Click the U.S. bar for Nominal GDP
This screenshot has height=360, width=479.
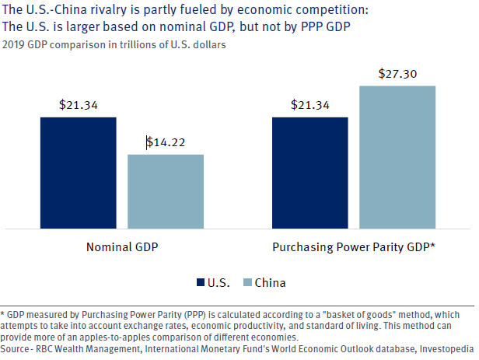(79, 173)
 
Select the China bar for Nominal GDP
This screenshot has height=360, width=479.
(166, 191)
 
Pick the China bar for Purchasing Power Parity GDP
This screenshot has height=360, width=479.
(397, 157)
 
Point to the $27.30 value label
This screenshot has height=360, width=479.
(397, 74)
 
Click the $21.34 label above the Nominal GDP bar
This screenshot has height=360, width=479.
(78, 105)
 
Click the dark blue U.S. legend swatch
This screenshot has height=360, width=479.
(201, 282)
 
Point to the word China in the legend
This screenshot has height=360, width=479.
(270, 282)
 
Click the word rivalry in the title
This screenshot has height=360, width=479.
(106, 11)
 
